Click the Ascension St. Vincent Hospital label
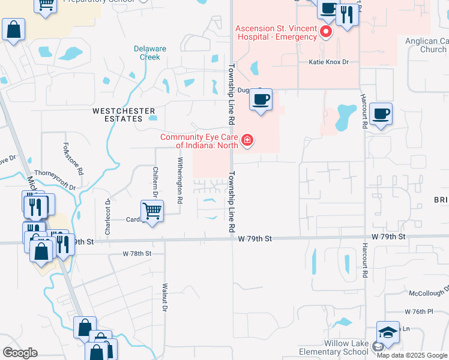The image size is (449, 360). [x=276, y=32]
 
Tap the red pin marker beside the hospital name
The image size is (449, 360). [x=327, y=31]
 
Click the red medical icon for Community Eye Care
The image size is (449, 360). [x=247, y=141]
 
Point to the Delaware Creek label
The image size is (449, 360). [x=146, y=53]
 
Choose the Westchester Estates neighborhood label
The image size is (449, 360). [x=124, y=115]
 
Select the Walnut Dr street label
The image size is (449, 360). [x=163, y=298]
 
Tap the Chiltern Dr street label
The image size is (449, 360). [x=155, y=182]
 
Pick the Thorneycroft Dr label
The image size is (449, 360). [x=55, y=179]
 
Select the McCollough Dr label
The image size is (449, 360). [x=429, y=292]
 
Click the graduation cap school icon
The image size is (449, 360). [x=388, y=333]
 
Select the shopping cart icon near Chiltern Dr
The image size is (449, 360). [x=152, y=211]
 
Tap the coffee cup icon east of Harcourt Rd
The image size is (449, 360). [x=381, y=113]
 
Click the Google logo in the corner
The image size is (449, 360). [x=20, y=353]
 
